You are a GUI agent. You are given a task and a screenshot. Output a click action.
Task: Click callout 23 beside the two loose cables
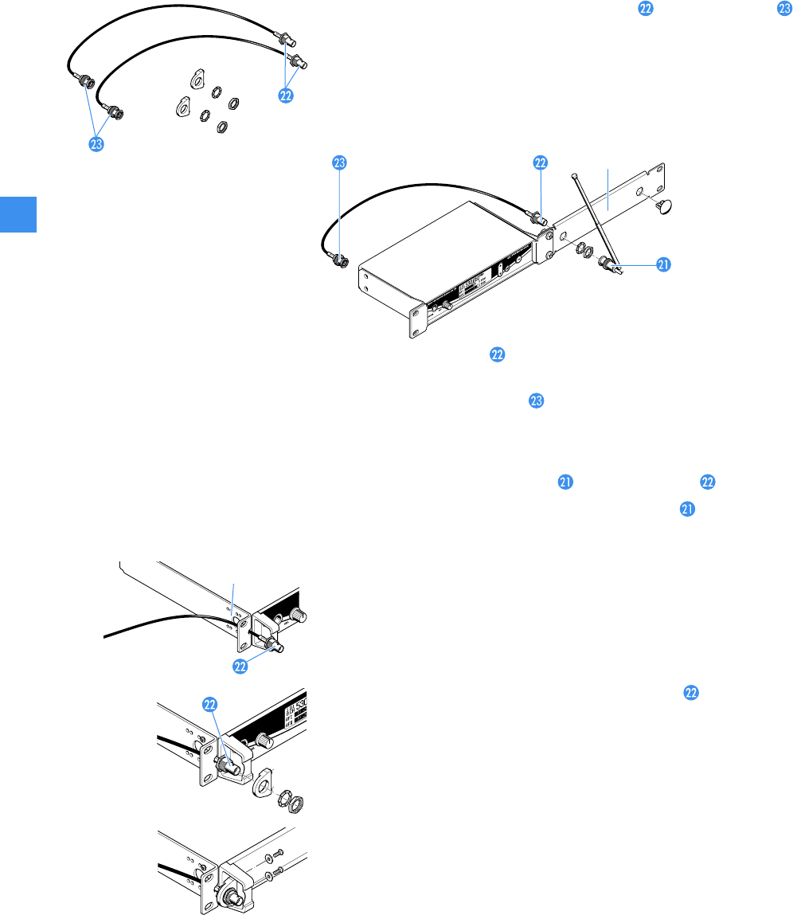tap(96, 144)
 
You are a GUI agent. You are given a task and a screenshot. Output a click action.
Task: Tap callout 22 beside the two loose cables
tap(286, 94)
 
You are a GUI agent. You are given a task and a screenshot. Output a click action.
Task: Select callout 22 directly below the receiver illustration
tap(497, 356)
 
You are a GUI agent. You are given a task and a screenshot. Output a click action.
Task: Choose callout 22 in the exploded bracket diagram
tap(210, 706)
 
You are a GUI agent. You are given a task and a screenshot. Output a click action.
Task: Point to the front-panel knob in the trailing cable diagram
tap(300, 615)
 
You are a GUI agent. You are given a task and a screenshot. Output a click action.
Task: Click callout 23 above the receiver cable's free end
tap(339, 162)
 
